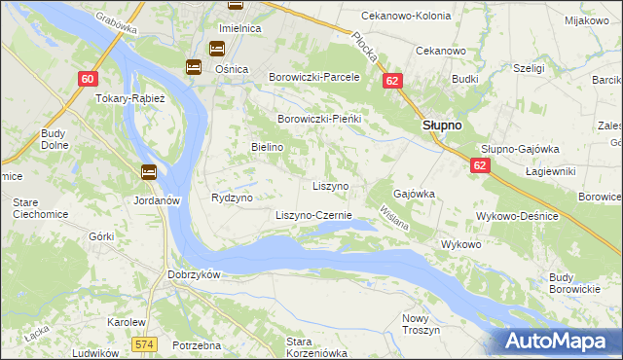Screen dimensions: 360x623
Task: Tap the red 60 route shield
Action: [x=88, y=79]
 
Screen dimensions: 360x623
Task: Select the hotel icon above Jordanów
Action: [x=148, y=173]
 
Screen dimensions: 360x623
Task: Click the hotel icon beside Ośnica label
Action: [x=194, y=66]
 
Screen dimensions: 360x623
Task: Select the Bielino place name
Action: [x=267, y=146]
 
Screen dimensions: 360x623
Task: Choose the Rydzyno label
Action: [x=232, y=198]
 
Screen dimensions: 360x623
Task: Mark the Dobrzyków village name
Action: [x=195, y=274]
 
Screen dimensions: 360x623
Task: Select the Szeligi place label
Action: [x=528, y=69]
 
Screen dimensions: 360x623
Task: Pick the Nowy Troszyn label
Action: [x=421, y=324]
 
